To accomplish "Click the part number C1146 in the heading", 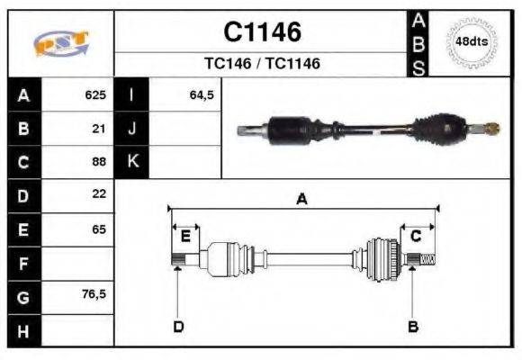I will coord(262,32).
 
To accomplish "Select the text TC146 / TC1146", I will coord(262,64).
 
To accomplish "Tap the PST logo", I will coord(61,43).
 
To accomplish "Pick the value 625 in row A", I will coord(95,94).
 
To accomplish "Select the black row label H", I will coord(23,330).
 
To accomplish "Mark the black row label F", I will coord(23,263).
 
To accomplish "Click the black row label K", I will coord(132,162).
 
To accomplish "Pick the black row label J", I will coord(132,128).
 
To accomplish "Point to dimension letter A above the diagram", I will coord(302,200).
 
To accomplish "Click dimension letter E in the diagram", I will coord(185,236).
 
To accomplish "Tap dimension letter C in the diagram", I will coord(416,236).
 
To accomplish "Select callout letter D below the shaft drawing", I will coord(178,326).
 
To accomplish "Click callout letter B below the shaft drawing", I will coord(413,326).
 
